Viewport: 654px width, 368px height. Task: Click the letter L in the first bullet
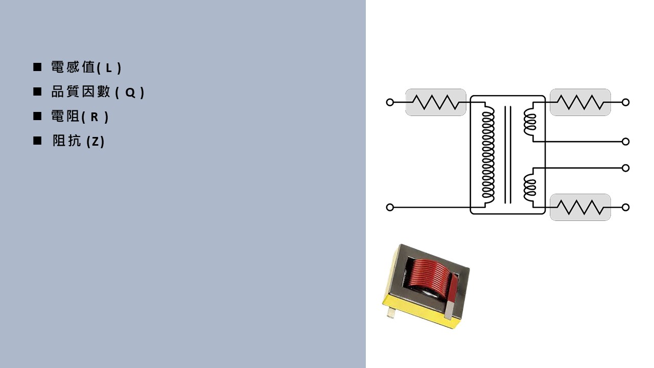click(109, 68)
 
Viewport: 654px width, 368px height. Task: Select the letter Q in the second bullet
click(130, 93)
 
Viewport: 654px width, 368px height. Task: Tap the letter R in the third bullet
click(95, 117)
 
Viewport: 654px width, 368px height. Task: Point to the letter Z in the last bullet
click(96, 142)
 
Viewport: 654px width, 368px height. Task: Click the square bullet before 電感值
click(37, 67)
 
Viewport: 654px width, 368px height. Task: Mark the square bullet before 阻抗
click(37, 141)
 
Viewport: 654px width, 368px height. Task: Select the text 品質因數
click(81, 91)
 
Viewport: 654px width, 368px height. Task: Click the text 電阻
click(65, 116)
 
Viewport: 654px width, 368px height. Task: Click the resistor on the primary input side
click(435, 102)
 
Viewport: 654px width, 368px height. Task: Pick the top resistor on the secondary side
click(580, 102)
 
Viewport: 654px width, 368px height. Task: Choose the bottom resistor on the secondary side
click(580, 208)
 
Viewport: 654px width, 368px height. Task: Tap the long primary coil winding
click(488, 155)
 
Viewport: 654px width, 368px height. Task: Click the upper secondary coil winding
click(530, 122)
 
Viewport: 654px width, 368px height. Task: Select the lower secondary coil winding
click(530, 187)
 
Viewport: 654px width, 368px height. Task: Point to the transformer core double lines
click(508, 155)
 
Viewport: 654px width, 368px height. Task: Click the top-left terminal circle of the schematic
click(390, 102)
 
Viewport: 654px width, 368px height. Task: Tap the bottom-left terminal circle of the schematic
click(390, 208)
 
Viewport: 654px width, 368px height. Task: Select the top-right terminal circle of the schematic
click(625, 102)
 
